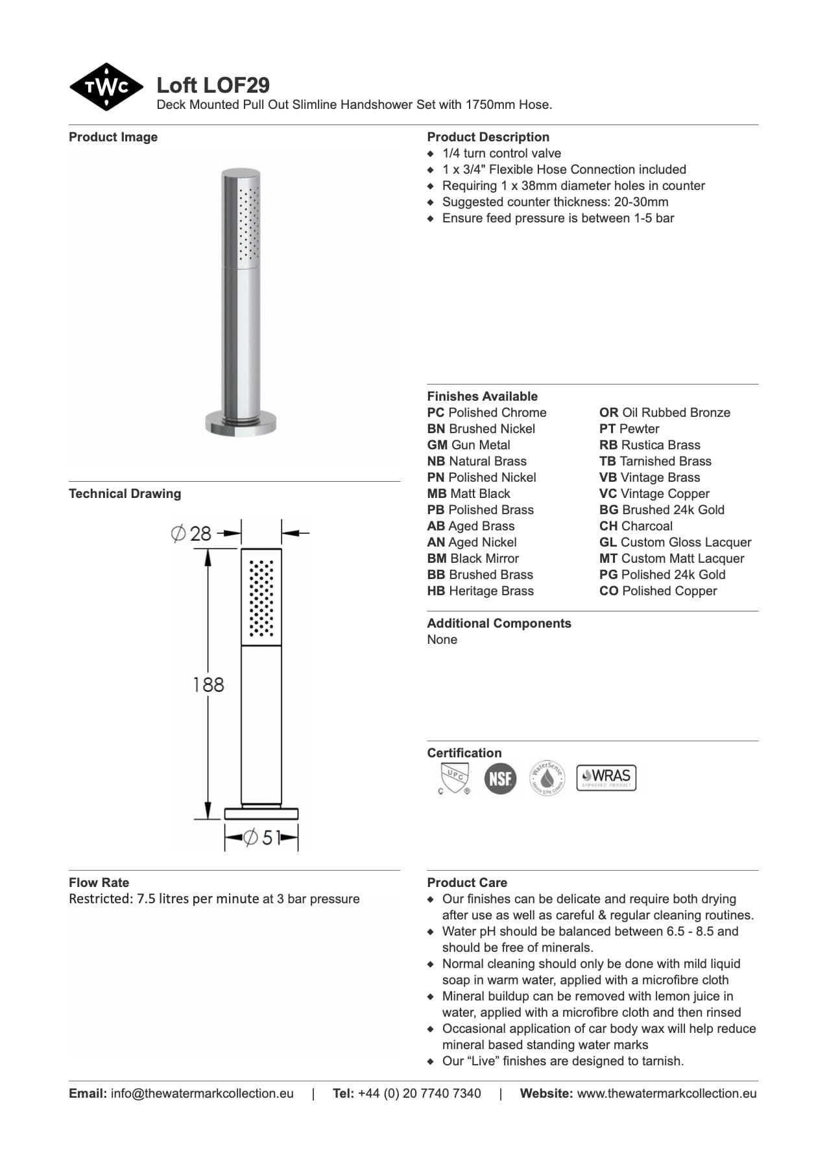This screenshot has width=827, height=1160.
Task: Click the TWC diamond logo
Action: coord(106,87)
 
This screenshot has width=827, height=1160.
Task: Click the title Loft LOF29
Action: coord(213,85)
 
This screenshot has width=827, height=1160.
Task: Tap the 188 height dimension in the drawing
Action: coord(208,684)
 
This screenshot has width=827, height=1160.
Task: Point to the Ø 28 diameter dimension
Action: coord(192,534)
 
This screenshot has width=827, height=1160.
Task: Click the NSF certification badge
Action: coord(500,777)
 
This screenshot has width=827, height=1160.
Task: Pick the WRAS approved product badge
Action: coord(606,777)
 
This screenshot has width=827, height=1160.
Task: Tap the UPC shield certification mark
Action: coord(453,777)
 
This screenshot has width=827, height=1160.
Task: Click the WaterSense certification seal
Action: coord(547,777)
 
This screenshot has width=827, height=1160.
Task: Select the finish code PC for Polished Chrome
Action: coord(436,412)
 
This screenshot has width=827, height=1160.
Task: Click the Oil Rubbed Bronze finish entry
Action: coord(665,412)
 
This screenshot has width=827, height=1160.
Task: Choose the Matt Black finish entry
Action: coord(469,493)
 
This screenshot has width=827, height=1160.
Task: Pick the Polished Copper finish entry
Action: coord(658,591)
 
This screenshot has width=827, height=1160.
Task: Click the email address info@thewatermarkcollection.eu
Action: coord(202,1093)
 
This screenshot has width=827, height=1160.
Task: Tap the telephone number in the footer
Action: coord(419,1093)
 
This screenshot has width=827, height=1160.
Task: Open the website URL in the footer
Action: coord(666,1093)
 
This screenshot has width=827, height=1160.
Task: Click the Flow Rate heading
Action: coord(99,882)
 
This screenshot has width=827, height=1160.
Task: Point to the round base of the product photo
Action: coord(241,424)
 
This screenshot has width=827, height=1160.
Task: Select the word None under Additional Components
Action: coord(442,639)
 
